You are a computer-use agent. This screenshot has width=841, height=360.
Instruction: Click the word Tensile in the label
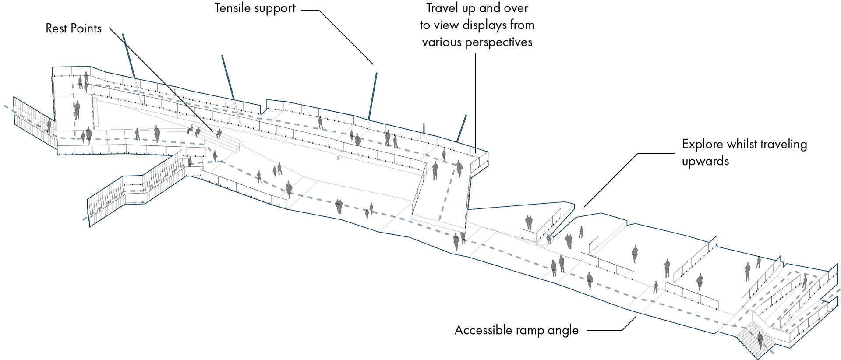coord(233,8)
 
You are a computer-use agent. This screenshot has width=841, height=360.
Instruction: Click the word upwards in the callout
coord(705,161)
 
